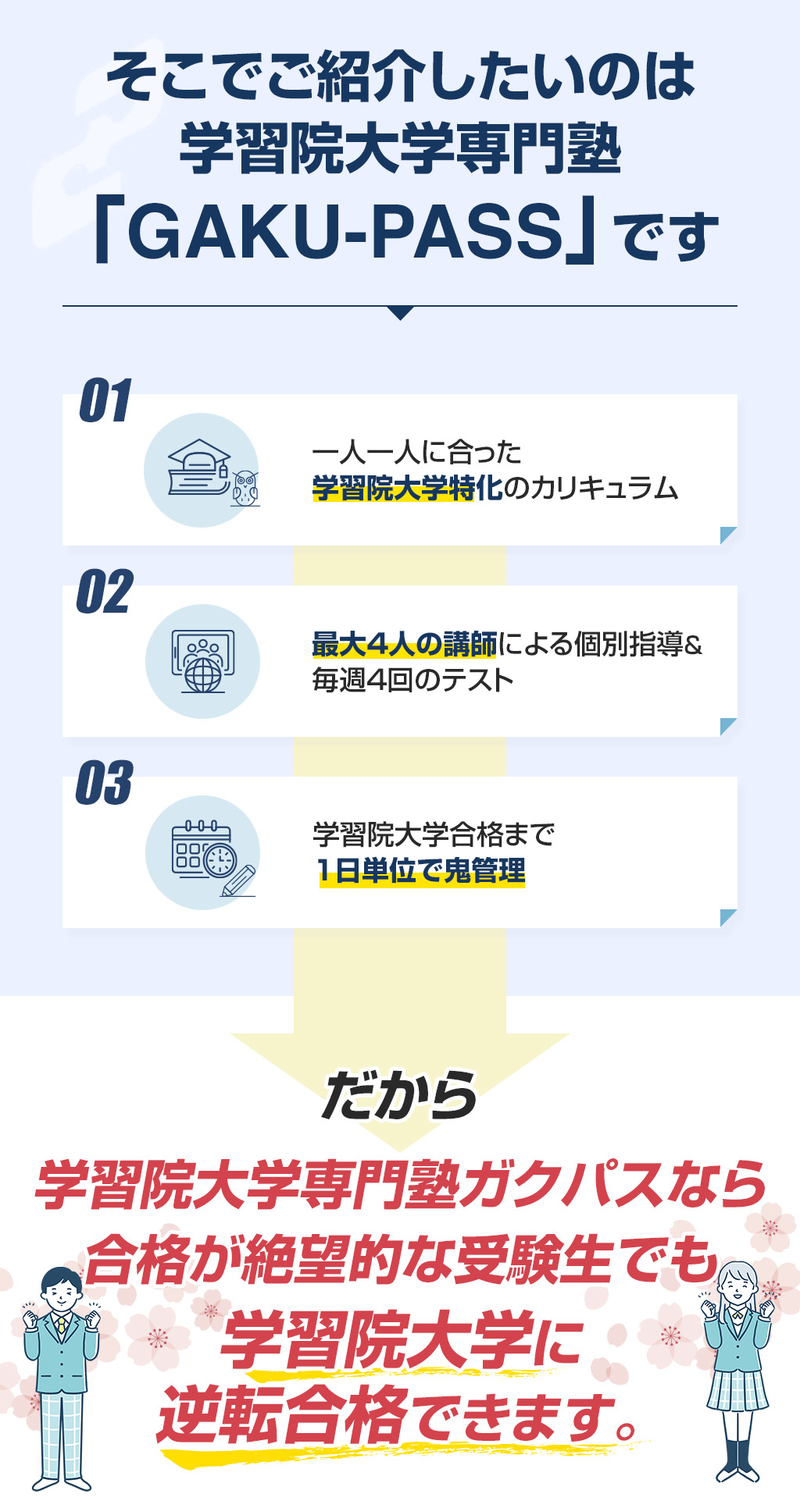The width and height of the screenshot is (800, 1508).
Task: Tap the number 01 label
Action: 105,401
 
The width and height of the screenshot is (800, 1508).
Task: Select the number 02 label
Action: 105,592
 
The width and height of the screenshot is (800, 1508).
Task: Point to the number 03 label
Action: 105,783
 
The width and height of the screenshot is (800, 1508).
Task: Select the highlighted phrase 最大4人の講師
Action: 405,645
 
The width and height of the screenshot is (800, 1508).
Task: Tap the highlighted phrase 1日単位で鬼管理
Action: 421,871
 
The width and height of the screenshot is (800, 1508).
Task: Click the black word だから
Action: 400,1095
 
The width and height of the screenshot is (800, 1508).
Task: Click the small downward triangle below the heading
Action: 400,313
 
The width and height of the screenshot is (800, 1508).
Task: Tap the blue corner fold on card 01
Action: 728,535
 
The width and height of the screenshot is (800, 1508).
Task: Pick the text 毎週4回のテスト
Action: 412,681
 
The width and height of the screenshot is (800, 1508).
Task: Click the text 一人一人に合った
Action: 416,453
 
